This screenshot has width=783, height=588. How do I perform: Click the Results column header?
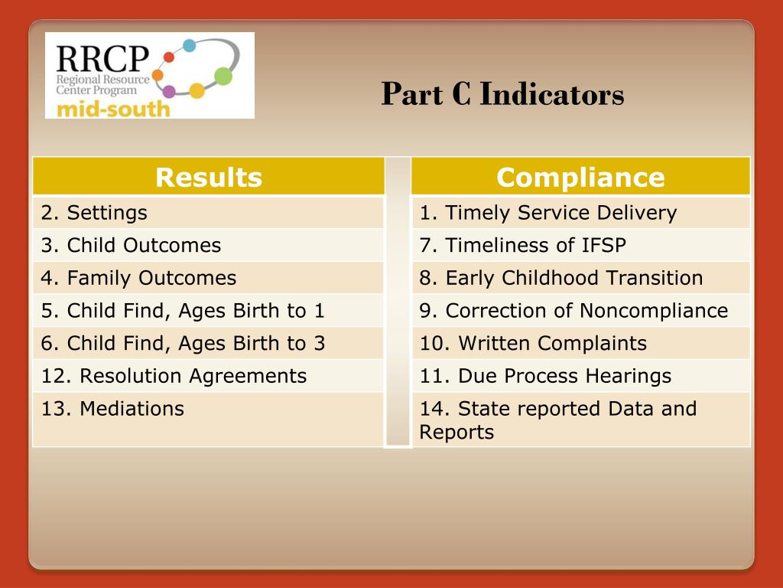click(208, 178)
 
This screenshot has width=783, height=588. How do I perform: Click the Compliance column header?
click(580, 178)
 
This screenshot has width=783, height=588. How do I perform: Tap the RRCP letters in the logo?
click(101, 59)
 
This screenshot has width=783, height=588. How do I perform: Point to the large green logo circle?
click(223, 76)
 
